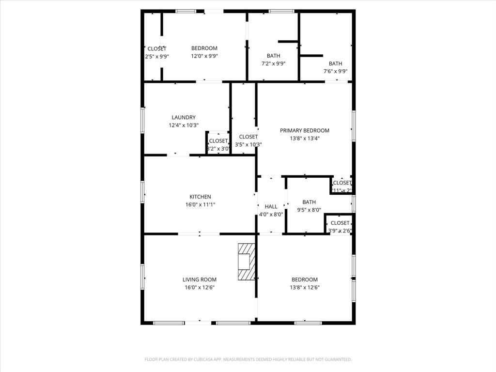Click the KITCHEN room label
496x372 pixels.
(200, 197)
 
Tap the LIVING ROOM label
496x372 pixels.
(200, 279)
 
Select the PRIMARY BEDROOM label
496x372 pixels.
(305, 130)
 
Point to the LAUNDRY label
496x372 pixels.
(184, 117)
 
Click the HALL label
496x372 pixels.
(271, 207)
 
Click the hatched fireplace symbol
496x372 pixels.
(246, 262)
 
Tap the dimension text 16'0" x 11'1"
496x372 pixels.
(200, 204)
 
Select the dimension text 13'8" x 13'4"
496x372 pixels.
(305, 138)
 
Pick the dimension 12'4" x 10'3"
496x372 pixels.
(184, 125)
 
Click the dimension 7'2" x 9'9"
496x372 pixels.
(273, 63)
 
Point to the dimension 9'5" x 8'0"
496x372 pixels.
(309, 210)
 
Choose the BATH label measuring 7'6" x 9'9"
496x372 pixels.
(335, 63)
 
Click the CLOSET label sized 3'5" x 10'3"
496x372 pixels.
(248, 137)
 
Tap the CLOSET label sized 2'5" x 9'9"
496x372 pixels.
(157, 48)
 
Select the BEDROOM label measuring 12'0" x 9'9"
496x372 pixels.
(204, 48)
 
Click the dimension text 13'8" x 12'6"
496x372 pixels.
(305, 287)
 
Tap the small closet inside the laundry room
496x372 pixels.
(218, 144)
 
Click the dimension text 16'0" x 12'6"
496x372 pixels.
(200, 287)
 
